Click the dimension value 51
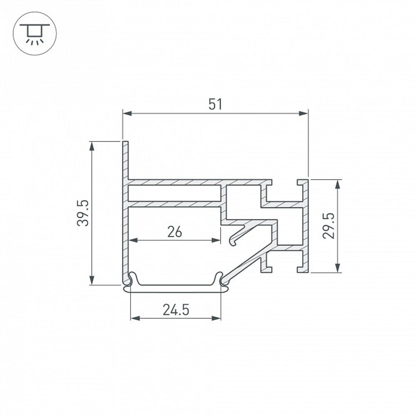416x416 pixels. (x=215, y=104)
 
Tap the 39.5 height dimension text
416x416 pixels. (x=83, y=213)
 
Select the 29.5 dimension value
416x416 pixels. (x=329, y=226)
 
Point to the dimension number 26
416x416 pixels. (x=175, y=232)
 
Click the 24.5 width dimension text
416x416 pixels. (x=176, y=310)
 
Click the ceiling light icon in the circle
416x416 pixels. (x=35, y=33)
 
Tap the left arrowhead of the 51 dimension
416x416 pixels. (x=128, y=114)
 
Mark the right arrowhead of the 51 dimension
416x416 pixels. (x=303, y=114)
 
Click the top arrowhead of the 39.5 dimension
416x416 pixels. (x=92, y=146)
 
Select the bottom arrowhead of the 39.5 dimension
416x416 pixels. (x=92, y=280)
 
